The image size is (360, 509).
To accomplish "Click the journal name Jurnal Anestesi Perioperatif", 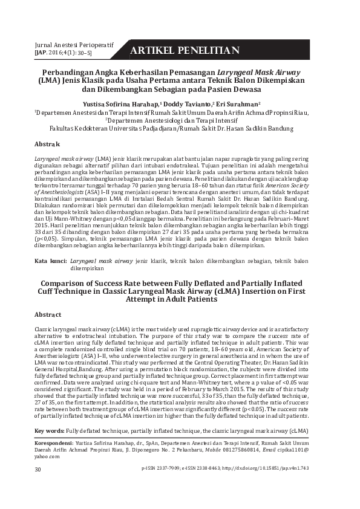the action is [x=72, y=45].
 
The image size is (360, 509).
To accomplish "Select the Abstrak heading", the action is [x=47, y=144].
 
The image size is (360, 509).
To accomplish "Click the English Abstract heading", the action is [x=48, y=315].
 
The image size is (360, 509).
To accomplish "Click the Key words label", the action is [x=50, y=430].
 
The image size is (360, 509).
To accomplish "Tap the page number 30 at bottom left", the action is [x=38, y=469].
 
